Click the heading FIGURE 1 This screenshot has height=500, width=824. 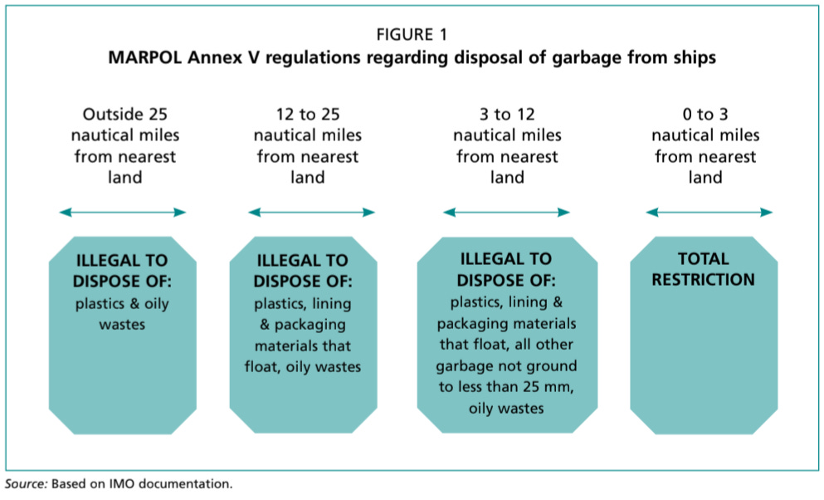coord(412,35)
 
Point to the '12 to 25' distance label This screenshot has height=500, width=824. coord(307,114)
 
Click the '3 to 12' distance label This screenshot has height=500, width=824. coord(506,114)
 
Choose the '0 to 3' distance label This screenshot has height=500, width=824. coord(706,114)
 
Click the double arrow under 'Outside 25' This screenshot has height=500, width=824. coord(123,213)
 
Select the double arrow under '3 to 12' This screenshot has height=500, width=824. coord(506,213)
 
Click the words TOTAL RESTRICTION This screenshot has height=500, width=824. coord(703,269)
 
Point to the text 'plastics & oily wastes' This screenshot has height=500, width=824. coord(122,313)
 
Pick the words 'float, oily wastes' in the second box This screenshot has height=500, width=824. coord(307,365)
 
